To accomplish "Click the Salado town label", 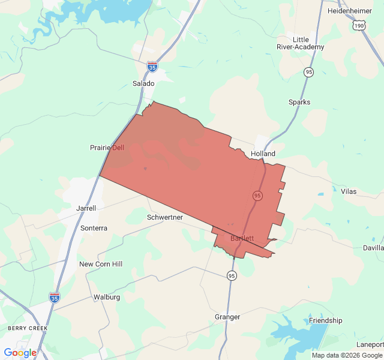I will [x=143, y=83].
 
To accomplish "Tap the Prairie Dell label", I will [x=107, y=148].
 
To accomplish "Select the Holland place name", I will [x=263, y=154].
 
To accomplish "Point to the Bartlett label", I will [x=242, y=238].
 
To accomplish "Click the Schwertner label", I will [x=165, y=217].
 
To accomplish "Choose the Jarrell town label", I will [x=86, y=208].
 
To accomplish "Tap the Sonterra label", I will [x=94, y=228].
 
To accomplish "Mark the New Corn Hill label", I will [x=101, y=264].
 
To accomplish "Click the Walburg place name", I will [x=107, y=297].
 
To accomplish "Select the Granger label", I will [x=227, y=317].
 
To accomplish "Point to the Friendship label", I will [x=325, y=320].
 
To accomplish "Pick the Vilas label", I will [x=349, y=191].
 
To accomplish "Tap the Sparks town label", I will [x=299, y=102].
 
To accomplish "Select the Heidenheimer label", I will [x=350, y=11].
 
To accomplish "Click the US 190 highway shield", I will [x=359, y=26].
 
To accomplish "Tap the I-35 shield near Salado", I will [x=153, y=67].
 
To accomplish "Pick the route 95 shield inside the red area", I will [x=257, y=196].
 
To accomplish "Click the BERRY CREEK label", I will [x=28, y=328].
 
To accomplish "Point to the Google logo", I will [x=20, y=353].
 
